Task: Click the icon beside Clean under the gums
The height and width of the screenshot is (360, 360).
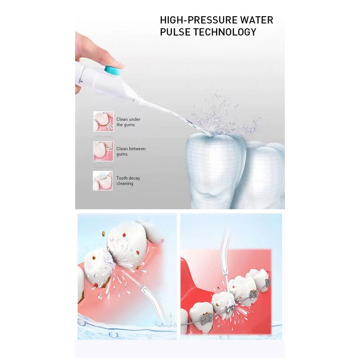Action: (x=103, y=121)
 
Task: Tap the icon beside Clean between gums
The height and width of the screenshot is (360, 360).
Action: (x=103, y=151)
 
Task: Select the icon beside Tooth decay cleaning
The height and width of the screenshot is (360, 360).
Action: (x=103, y=180)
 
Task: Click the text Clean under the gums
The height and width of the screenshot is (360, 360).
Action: (x=128, y=122)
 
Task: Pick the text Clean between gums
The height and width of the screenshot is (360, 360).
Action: (x=130, y=151)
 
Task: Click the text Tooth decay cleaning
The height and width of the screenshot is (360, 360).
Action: (x=128, y=181)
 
